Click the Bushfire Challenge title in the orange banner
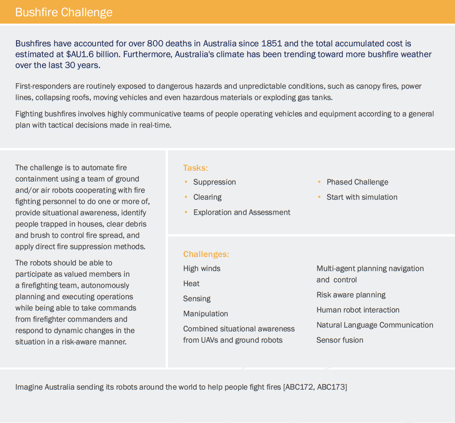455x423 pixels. (64, 12)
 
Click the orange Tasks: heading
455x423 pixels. (195, 168)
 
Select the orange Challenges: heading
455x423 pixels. (206, 254)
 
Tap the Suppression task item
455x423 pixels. (214, 182)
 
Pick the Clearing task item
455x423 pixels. (207, 197)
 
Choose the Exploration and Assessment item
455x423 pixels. (241, 212)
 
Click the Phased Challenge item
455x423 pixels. (357, 182)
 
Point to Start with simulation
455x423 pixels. (362, 197)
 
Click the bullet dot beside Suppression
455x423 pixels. (186, 182)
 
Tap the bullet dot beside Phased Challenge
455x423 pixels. (319, 182)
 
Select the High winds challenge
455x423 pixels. (202, 268)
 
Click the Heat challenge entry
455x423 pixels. (191, 284)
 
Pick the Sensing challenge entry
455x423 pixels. (197, 299)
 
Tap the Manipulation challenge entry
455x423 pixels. (205, 314)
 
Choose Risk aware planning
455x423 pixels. (351, 295)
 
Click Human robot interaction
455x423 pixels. (357, 310)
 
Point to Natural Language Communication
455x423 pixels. (374, 325)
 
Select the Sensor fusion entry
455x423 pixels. (339, 340)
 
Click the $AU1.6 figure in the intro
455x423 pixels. (80, 54)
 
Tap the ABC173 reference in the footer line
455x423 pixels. (331, 387)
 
